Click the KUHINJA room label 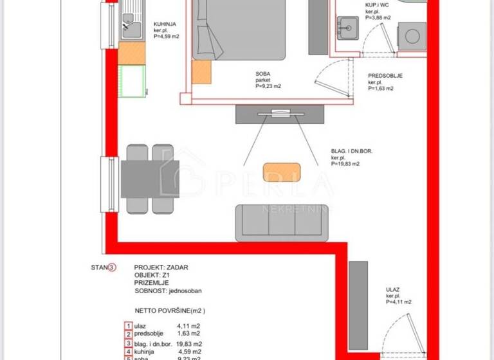(165, 24)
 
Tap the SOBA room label (262, 75)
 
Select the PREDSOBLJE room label (385, 75)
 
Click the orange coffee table (282, 172)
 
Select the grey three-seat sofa (282, 222)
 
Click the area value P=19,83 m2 (345, 164)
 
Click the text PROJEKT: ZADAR (161, 267)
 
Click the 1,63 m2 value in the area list (189, 334)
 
